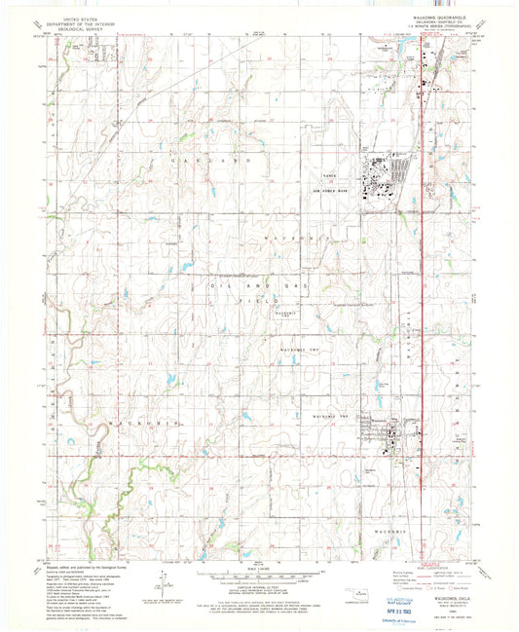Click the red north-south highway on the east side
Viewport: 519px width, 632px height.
click(x=420, y=292)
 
